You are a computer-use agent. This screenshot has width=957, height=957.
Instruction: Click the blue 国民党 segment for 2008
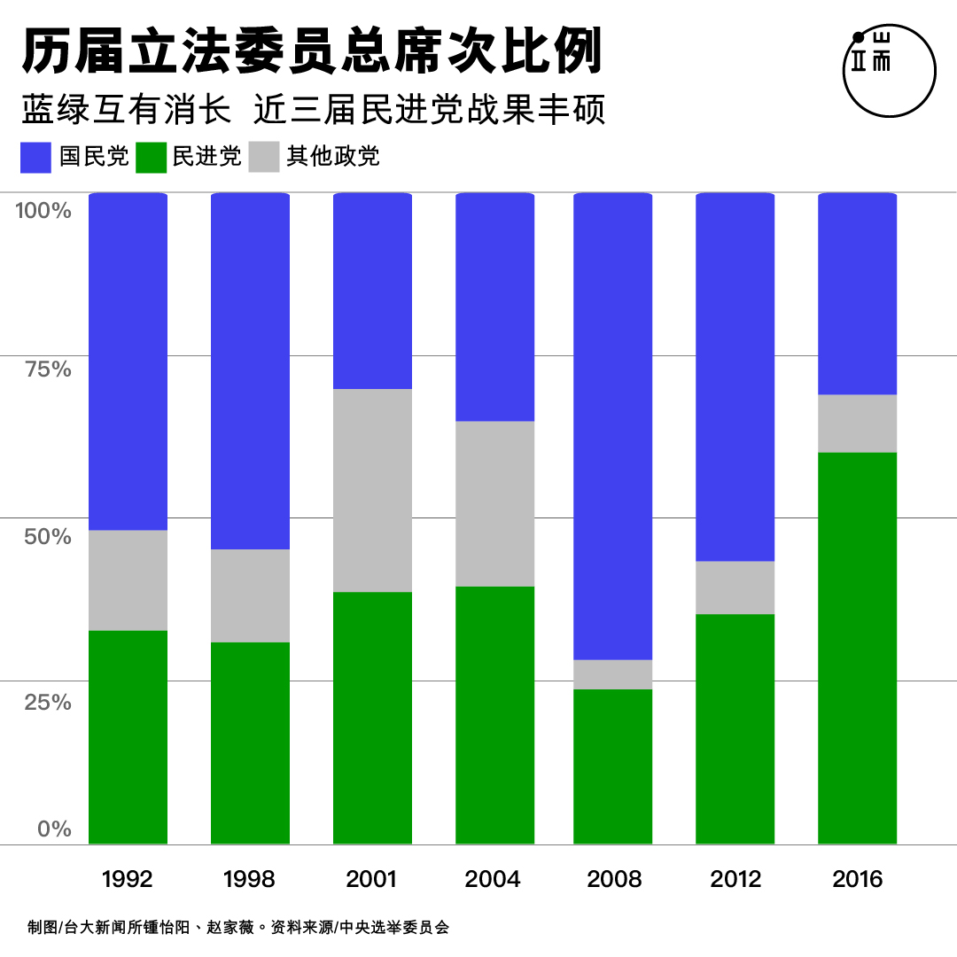pyautogui.click(x=612, y=425)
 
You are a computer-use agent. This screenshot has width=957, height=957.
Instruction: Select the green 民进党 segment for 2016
pyautogui.click(x=857, y=647)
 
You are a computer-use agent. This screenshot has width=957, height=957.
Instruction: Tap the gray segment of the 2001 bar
pyautogui.click(x=372, y=490)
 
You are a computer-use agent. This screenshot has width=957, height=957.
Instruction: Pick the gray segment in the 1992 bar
pyautogui.click(x=128, y=580)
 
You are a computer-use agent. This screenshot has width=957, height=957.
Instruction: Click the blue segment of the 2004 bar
pyautogui.click(x=494, y=307)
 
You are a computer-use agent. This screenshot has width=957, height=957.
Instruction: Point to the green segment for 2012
pyautogui.click(x=735, y=728)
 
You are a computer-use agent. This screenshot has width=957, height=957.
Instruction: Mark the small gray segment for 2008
pyautogui.click(x=612, y=674)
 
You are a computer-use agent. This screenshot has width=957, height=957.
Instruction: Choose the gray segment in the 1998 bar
pyautogui.click(x=250, y=595)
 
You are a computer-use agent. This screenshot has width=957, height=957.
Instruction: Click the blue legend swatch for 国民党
pyautogui.click(x=35, y=157)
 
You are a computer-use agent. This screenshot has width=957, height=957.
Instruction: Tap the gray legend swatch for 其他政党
pyautogui.click(x=263, y=157)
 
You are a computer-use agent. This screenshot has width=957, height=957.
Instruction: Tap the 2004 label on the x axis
pyautogui.click(x=493, y=879)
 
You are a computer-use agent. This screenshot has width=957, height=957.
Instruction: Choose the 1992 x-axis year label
pyautogui.click(x=128, y=879)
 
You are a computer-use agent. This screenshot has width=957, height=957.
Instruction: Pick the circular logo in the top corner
pyautogui.click(x=889, y=70)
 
